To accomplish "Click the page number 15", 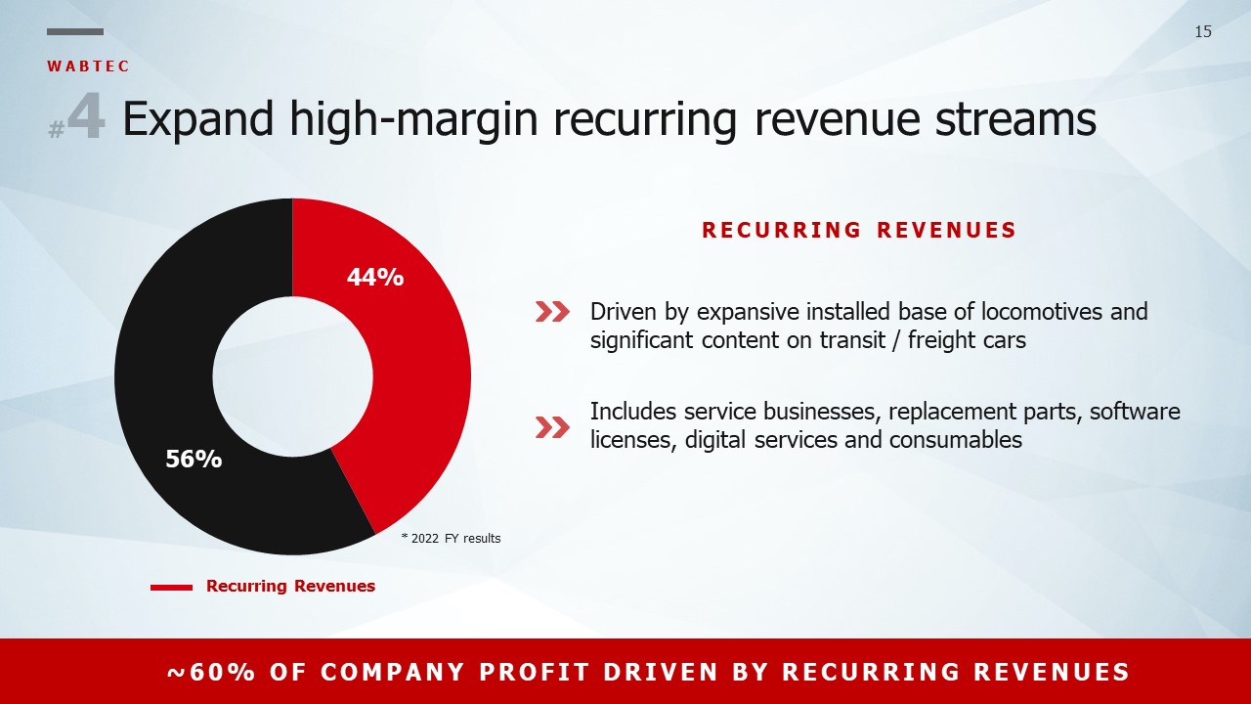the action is pos(1203,32).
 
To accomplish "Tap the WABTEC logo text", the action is pos(88,66).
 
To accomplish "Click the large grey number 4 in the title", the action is pos(87,116).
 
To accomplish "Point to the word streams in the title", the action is pos(1015,119).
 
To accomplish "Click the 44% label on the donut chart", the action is pos(375,277).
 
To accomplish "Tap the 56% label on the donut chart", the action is pos(194,459).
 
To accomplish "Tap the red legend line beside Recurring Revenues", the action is pos(171,588).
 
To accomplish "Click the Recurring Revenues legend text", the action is pos(290,586).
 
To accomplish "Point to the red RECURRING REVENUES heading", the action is pos(859,230).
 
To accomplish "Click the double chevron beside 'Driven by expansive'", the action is pos(552,312).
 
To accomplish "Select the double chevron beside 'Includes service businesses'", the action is pos(552,427).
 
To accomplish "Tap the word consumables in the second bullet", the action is pos(956,440).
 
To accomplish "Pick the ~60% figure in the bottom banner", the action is pos(212,672).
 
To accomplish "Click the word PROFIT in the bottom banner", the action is pos(535,672).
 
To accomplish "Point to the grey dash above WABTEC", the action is pos(75,32).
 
